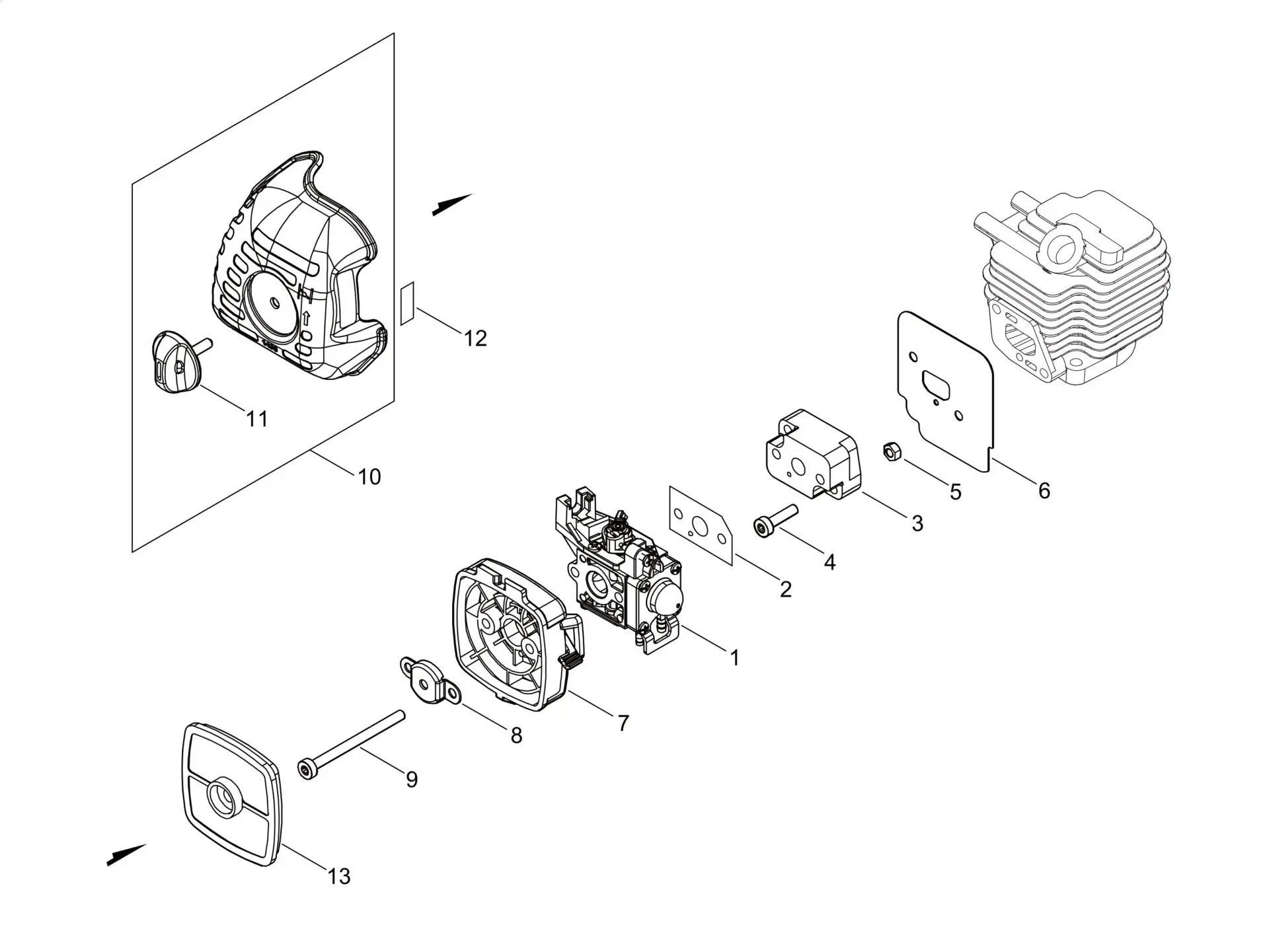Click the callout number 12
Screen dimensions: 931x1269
click(475, 338)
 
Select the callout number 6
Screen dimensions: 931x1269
click(1044, 490)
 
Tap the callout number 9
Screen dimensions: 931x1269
click(412, 780)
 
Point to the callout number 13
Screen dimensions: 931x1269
click(338, 876)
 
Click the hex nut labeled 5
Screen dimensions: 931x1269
click(890, 451)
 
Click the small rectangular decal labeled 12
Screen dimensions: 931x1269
click(407, 304)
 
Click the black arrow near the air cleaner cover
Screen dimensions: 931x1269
click(451, 205)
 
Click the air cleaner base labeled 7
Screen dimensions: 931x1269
click(512, 634)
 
